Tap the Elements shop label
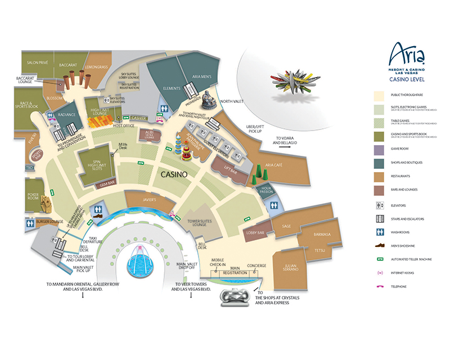pos(171,88)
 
